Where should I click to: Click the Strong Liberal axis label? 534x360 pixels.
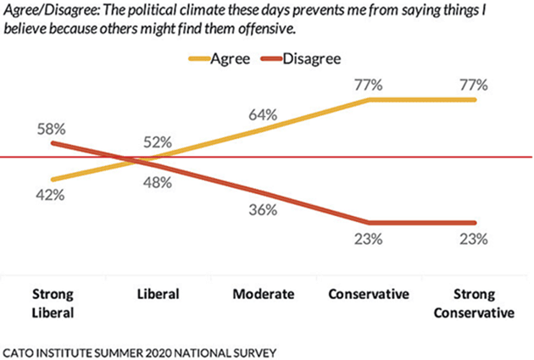tap(53, 302)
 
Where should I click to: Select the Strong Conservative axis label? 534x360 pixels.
tap(475, 302)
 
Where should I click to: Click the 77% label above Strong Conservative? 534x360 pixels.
tap(475, 84)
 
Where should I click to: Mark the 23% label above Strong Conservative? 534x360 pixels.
tap(475, 239)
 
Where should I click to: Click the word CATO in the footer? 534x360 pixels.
tap(19, 350)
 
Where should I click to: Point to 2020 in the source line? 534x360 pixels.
tap(153, 350)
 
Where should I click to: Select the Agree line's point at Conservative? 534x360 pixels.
tap(370, 100)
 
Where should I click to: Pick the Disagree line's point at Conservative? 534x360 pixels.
tap(370, 222)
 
